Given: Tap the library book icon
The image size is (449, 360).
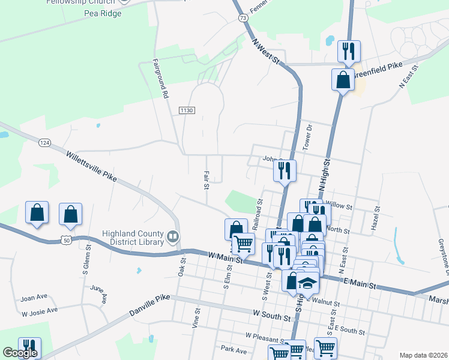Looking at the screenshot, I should (x=173, y=238).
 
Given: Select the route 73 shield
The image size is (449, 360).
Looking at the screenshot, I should (x=243, y=19).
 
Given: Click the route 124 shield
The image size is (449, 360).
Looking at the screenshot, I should (x=44, y=143).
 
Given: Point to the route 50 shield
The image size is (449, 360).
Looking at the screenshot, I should (x=66, y=240).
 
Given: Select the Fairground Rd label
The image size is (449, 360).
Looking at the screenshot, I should (x=160, y=78).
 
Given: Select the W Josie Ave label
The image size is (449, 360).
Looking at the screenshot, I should (x=40, y=311).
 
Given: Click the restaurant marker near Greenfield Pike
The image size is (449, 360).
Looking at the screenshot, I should (x=349, y=51).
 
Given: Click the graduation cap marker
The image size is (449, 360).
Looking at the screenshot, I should (x=308, y=283).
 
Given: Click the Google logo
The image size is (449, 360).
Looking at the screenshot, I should (x=20, y=352).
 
